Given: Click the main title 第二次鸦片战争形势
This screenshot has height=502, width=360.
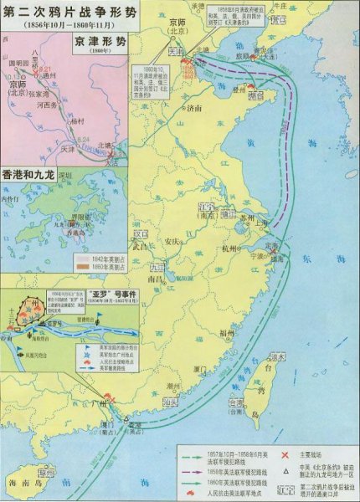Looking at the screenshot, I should point(66,13).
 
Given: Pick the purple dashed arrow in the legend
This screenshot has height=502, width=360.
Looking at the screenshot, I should point(197,469).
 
